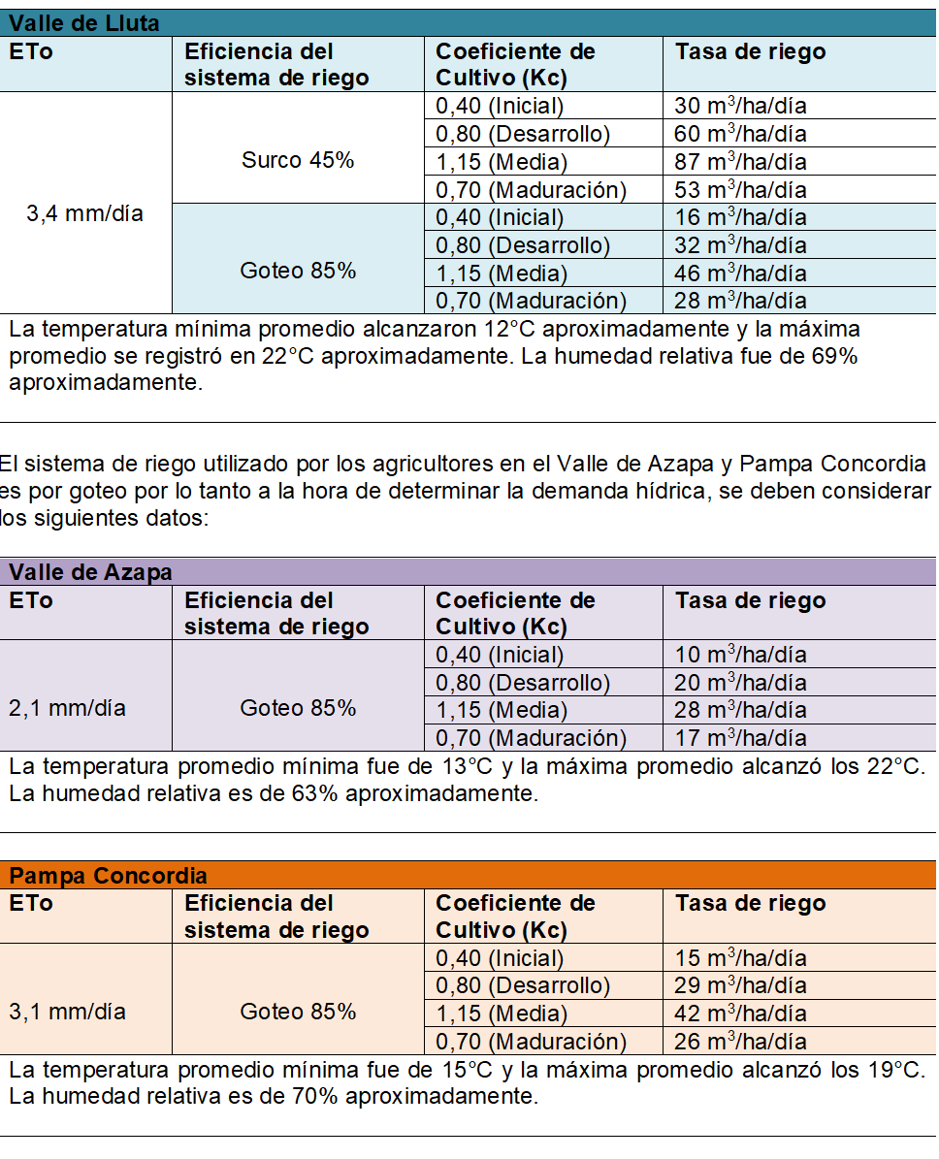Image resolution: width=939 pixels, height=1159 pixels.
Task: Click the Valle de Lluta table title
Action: (84, 23)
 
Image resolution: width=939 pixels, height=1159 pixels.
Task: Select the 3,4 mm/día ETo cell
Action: (85, 213)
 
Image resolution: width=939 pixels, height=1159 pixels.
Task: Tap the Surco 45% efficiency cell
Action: (298, 160)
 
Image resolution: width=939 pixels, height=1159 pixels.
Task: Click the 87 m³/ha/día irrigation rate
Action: (740, 161)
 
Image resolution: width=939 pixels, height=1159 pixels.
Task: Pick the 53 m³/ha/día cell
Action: (740, 189)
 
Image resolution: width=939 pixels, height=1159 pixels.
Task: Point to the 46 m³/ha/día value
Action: (740, 273)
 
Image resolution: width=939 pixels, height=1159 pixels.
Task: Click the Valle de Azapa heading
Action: (90, 572)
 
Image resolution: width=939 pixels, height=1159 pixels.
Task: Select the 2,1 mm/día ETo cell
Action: (68, 709)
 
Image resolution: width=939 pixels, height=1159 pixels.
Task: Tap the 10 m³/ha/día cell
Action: (740, 655)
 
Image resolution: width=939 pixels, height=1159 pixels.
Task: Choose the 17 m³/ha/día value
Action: (740, 738)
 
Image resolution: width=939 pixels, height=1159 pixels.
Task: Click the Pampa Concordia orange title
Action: (108, 876)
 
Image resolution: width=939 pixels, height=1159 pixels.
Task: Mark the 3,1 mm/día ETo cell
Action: (68, 1013)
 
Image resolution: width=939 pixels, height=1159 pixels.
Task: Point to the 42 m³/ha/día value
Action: (740, 1014)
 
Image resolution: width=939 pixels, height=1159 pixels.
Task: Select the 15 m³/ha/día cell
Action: (740, 958)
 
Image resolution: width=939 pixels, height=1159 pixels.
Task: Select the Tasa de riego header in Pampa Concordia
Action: (750, 903)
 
